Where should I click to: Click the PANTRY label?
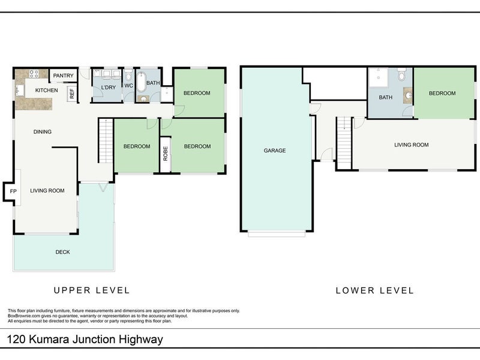tap(63, 75)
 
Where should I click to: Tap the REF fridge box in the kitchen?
tap(72, 93)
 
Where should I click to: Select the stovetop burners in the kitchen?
tap(34, 75)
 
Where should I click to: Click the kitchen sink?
tap(20, 91)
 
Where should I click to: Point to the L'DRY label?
tap(108, 88)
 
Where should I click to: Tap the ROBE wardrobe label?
tap(165, 154)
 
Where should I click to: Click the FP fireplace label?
tap(13, 191)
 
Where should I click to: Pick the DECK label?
tap(63, 252)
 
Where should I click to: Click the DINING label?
tap(42, 132)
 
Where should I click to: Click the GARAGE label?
tap(275, 151)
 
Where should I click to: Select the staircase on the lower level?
tap(343, 143)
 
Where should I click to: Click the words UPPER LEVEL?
tap(91, 290)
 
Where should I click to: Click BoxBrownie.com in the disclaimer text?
tap(27, 316)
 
